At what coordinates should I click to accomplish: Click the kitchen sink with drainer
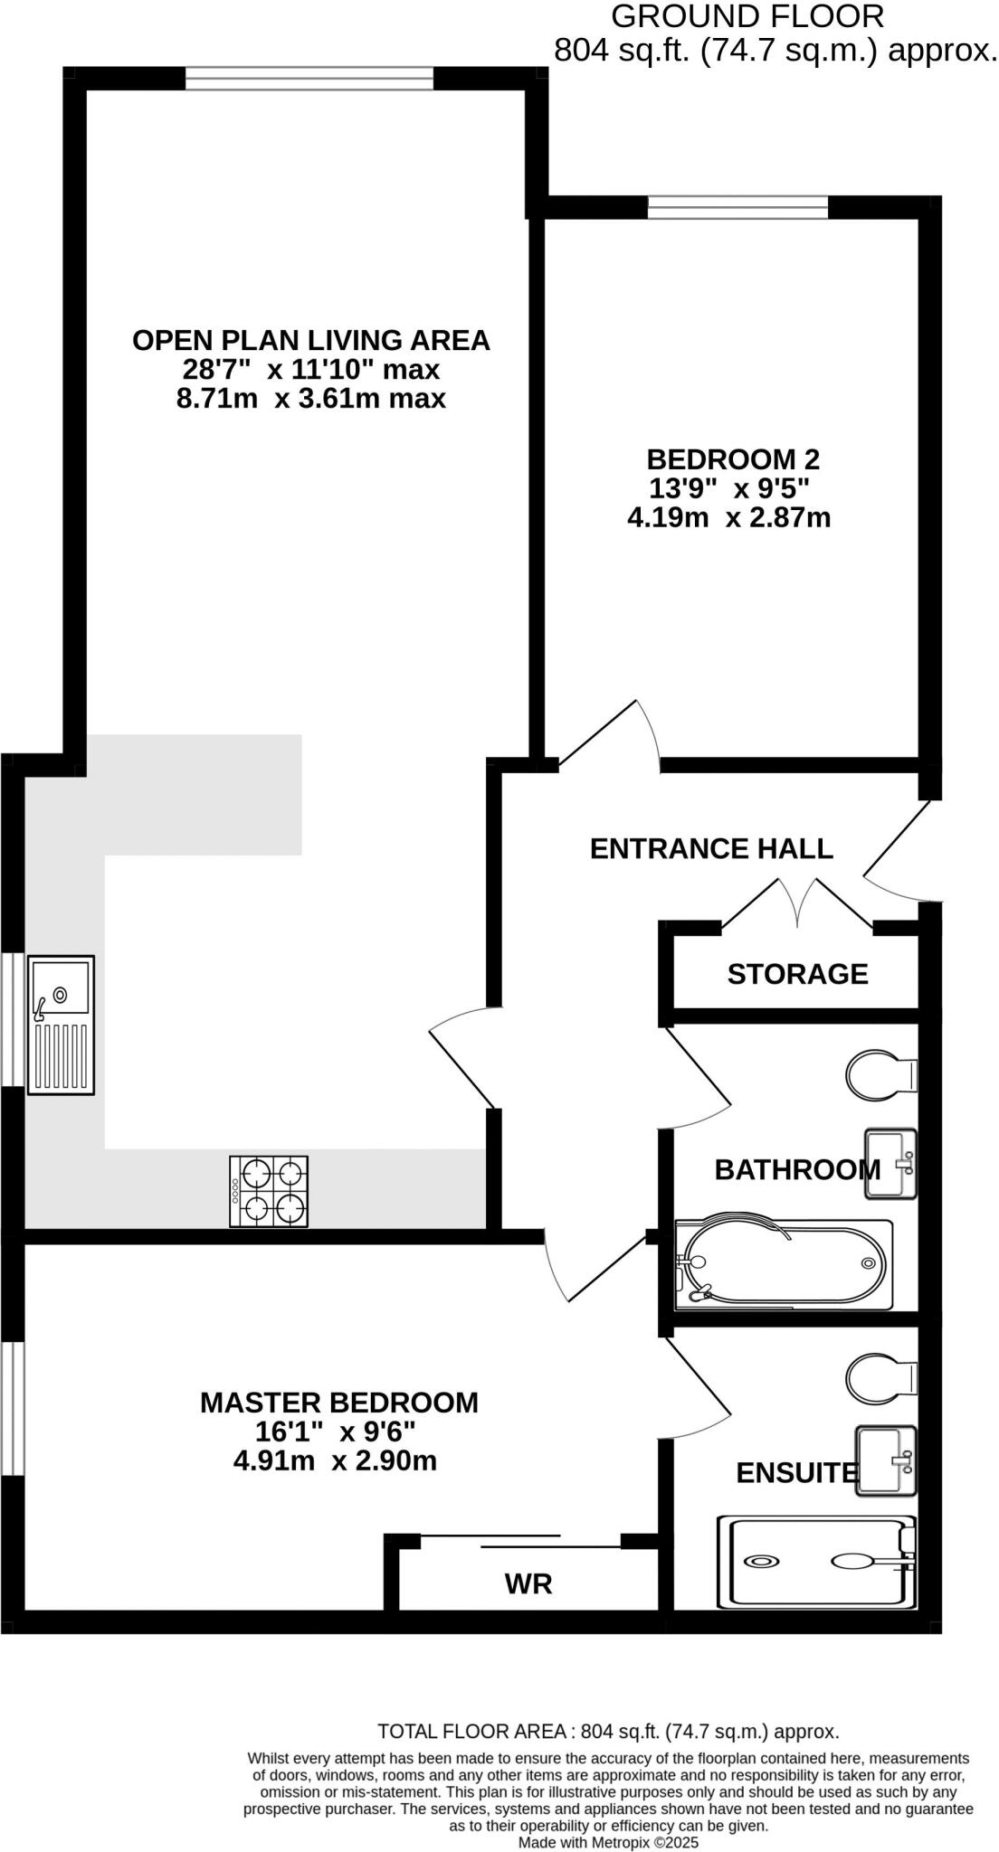61,1025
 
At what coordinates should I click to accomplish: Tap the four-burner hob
269,1191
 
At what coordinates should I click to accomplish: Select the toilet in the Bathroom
881,1075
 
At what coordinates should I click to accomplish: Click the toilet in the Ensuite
881,1378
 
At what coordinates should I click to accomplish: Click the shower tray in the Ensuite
817,1561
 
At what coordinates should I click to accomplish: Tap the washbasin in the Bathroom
890,1164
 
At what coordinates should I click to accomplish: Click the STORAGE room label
797,974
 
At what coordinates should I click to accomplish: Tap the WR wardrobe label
528,1583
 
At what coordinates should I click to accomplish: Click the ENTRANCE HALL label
711,848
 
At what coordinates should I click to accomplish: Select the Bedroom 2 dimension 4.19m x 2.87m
728,518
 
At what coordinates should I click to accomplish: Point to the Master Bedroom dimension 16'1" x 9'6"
335,1432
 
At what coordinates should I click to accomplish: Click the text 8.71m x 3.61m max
310,399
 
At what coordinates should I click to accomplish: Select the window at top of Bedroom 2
737,209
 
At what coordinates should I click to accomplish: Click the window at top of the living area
309,79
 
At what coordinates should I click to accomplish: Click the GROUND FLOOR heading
747,16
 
